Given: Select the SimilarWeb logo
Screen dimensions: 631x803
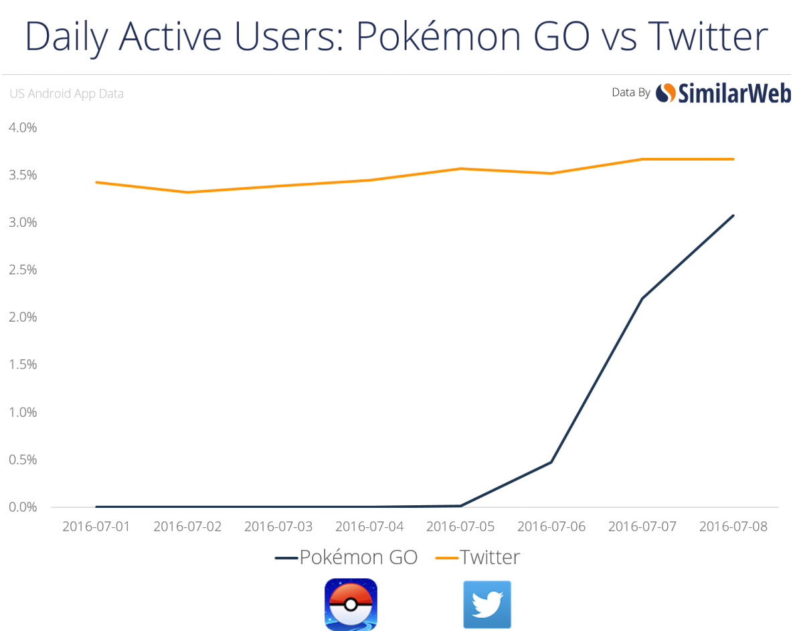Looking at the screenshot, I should coord(723,94).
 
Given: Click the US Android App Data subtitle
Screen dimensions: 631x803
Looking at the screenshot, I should coord(66,94).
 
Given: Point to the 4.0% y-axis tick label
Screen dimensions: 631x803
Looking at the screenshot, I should coord(23,128).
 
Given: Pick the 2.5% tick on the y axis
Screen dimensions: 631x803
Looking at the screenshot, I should coord(23,270).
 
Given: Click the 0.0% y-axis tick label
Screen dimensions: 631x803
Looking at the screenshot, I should coord(23,507).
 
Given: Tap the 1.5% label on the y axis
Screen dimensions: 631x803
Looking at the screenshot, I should coord(23,365).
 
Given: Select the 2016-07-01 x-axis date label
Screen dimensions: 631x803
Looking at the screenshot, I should coord(96,527).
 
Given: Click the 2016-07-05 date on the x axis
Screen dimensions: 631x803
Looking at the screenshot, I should coord(460,527).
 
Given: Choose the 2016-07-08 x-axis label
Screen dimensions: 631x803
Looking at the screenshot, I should coord(733,527).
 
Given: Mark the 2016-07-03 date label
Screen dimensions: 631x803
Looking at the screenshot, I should coord(278,527).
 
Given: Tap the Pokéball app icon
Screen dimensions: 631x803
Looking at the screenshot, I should coord(351,604).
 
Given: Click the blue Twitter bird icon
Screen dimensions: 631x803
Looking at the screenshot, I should coord(487,604).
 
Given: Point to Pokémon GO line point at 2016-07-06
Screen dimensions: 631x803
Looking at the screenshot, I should coord(551,462).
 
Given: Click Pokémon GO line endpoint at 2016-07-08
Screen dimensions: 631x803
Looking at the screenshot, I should coord(734,215).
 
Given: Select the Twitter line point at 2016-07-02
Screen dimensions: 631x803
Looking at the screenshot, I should coord(187,192).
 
